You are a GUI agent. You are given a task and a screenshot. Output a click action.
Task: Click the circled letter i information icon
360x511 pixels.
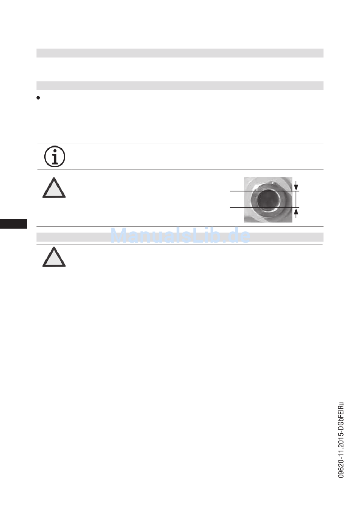click(55, 157)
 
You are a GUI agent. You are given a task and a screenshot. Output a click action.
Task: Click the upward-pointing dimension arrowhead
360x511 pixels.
click(296, 211)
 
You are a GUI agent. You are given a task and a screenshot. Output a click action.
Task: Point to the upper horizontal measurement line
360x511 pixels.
click(265, 191)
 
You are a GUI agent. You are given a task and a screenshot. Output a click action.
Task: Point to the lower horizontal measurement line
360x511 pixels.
click(265, 208)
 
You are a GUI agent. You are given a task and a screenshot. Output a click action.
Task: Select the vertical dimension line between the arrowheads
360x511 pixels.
click(296, 199)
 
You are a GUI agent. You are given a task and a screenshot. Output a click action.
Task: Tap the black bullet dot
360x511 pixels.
click(38, 98)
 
